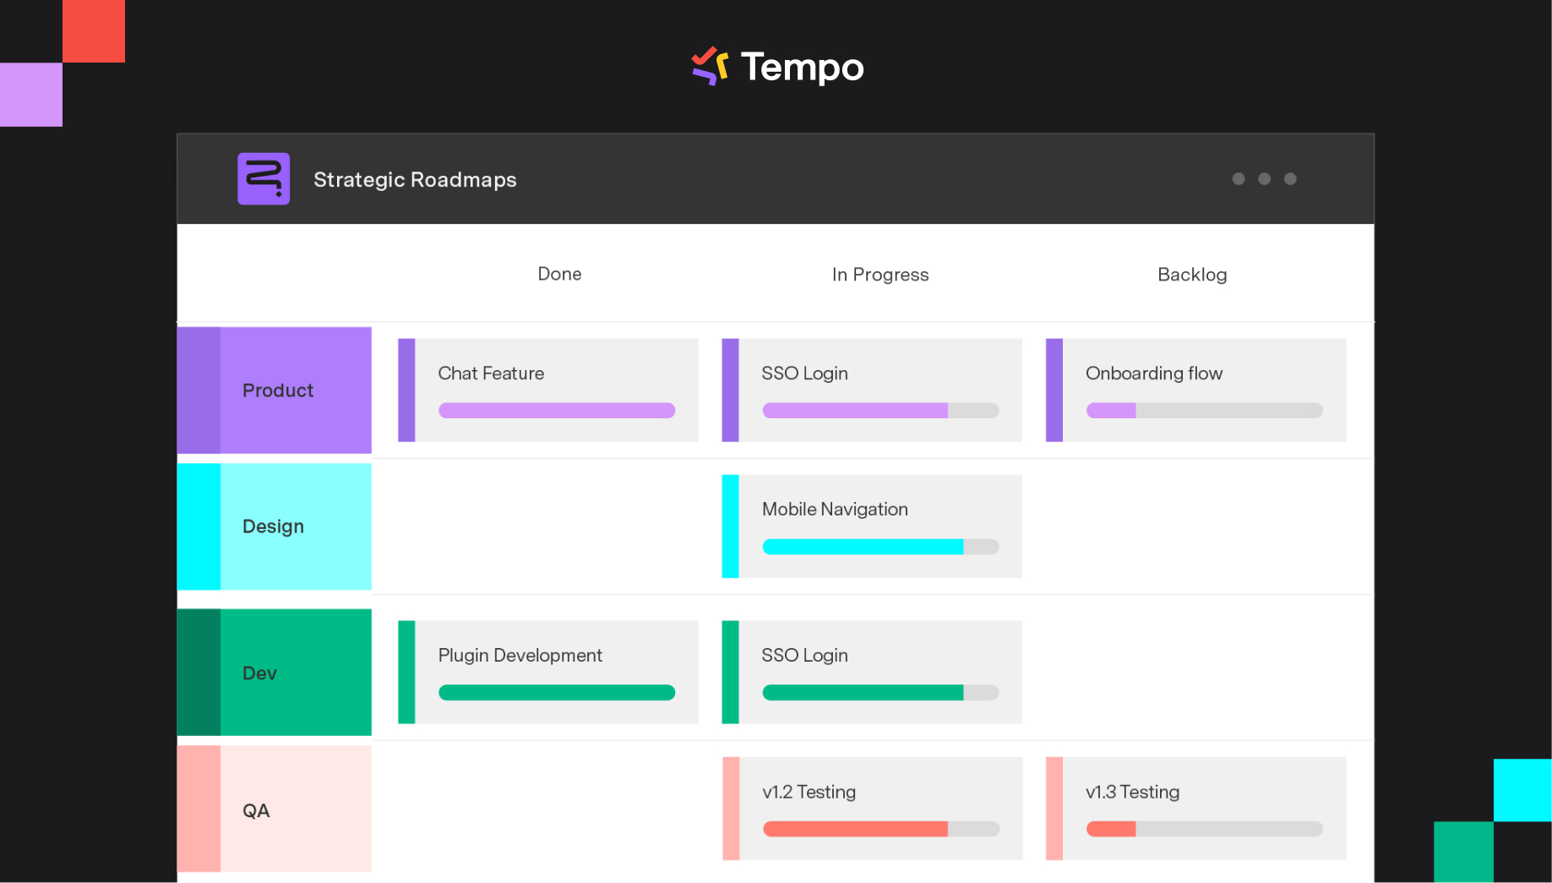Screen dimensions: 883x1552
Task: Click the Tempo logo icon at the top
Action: tap(710, 66)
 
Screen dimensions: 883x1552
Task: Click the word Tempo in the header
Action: tap(802, 68)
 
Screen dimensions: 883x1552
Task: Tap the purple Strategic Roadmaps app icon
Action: tap(264, 178)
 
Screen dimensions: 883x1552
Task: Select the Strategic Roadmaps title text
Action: tap(415, 180)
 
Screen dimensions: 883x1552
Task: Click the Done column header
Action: tap(559, 274)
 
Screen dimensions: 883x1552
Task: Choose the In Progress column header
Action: tap(879, 275)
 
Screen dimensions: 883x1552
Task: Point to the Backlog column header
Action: tap(1191, 275)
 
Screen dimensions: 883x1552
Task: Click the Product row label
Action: tap(278, 390)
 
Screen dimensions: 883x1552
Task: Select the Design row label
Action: tap(273, 526)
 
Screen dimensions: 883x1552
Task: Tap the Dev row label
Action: tap(259, 673)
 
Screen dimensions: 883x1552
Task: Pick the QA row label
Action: tap(256, 811)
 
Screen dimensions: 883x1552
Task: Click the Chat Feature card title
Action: tap(491, 373)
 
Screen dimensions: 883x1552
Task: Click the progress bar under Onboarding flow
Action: tap(1204, 411)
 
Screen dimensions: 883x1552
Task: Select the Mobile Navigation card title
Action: tap(835, 510)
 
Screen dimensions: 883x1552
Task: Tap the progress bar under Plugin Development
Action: tap(556, 693)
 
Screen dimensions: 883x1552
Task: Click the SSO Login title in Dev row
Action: tap(804, 656)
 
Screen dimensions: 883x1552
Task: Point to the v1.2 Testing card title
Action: tap(809, 792)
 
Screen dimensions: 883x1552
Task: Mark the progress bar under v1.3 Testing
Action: tap(1204, 829)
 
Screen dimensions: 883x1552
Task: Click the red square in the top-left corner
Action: tap(94, 30)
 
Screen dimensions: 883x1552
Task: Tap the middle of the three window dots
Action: tap(1264, 178)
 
